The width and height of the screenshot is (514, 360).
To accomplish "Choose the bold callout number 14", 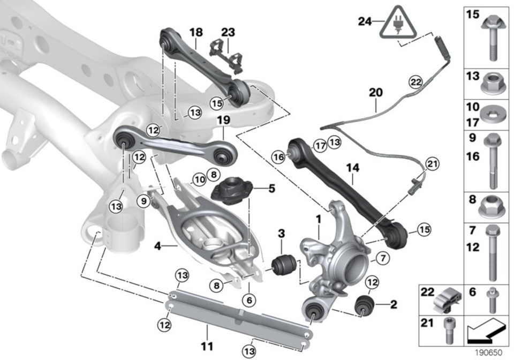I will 352,168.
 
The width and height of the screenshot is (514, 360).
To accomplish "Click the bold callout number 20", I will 375,92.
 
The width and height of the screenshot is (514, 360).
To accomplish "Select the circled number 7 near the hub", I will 382,259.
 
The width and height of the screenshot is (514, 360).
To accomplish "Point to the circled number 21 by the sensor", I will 432,163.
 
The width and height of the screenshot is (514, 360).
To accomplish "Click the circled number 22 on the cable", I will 415,82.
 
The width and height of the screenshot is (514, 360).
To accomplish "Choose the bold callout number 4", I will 157,246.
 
